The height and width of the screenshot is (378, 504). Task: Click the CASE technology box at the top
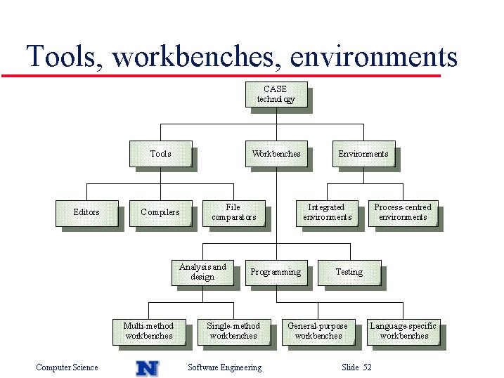(x=276, y=94)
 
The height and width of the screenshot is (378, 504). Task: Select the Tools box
(x=161, y=154)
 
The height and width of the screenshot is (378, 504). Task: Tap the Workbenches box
(x=276, y=154)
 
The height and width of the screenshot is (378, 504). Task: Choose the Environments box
(x=364, y=154)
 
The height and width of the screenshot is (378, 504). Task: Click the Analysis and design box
(x=203, y=273)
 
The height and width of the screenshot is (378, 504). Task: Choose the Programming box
(x=276, y=273)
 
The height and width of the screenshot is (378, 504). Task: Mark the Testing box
(x=350, y=273)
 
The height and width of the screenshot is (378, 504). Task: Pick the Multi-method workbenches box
(x=149, y=332)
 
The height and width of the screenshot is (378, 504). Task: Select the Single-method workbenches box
(x=234, y=332)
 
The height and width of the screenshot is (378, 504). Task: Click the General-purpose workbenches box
(x=318, y=332)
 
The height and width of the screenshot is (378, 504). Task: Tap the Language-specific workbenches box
(x=403, y=332)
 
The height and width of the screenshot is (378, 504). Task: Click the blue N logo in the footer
(x=147, y=368)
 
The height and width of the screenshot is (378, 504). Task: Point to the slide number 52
(x=368, y=367)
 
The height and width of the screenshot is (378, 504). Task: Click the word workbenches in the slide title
(x=196, y=56)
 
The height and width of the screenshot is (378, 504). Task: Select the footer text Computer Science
(x=67, y=367)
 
